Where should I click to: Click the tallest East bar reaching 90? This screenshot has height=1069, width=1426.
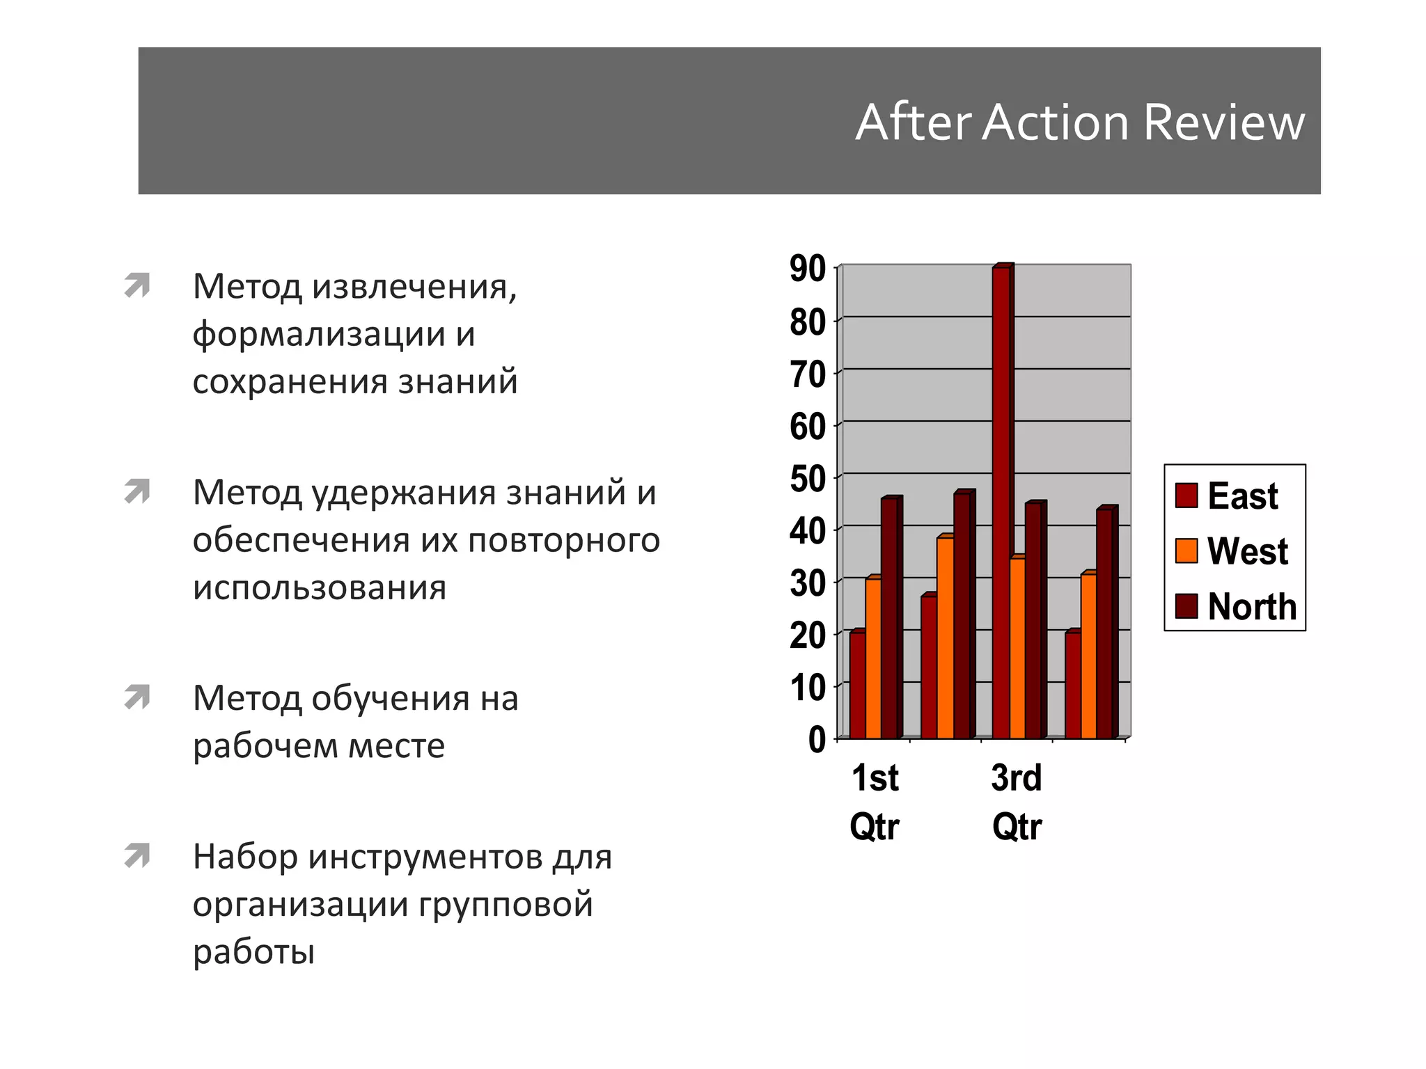tap(1001, 501)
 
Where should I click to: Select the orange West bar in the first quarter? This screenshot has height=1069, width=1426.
tap(872, 658)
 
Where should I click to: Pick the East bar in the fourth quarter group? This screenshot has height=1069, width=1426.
tap(1072, 685)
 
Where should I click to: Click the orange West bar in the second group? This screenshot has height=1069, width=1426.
tap(945, 638)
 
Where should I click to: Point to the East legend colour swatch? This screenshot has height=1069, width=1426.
tap(1186, 496)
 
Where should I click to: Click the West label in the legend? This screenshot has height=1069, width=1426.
tap(1247, 551)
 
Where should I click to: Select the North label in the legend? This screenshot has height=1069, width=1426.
tap(1252, 606)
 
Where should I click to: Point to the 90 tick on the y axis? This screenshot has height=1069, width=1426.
tap(808, 269)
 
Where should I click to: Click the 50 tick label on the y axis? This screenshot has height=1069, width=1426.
tap(808, 480)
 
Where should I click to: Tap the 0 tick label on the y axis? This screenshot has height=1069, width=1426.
tap(817, 739)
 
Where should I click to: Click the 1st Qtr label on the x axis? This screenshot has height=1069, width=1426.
tap(875, 802)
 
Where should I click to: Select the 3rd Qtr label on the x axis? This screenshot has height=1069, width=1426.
tap(1017, 802)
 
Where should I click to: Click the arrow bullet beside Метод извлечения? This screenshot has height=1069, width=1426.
tap(137, 285)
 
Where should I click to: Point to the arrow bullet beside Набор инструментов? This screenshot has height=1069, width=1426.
tap(137, 856)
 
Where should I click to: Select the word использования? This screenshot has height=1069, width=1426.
tap(320, 588)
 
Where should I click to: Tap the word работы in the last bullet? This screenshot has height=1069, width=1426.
tap(253, 951)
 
